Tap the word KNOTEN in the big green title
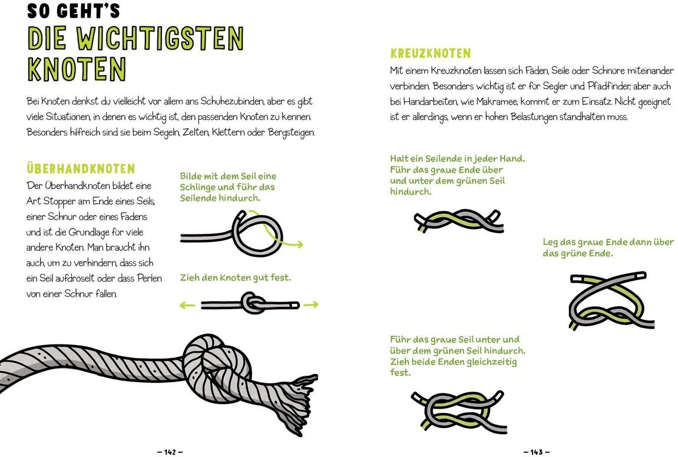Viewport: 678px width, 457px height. tap(77, 69)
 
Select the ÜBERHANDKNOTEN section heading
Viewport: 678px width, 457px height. tap(81, 170)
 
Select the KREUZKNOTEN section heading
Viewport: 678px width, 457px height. tap(430, 54)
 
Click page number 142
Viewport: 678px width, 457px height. tap(170, 452)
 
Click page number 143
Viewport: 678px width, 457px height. tap(536, 452)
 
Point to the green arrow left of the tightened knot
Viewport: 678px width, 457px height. tap(187, 304)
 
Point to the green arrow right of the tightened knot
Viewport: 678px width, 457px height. tap(311, 304)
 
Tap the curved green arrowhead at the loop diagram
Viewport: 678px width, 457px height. tap(299, 244)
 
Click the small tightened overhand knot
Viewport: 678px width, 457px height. tap(252, 304)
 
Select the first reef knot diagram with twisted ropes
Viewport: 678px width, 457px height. tap(458, 221)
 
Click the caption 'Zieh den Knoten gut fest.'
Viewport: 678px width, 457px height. tap(235, 277)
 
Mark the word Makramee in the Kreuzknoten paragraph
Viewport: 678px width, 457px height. tap(505, 101)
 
